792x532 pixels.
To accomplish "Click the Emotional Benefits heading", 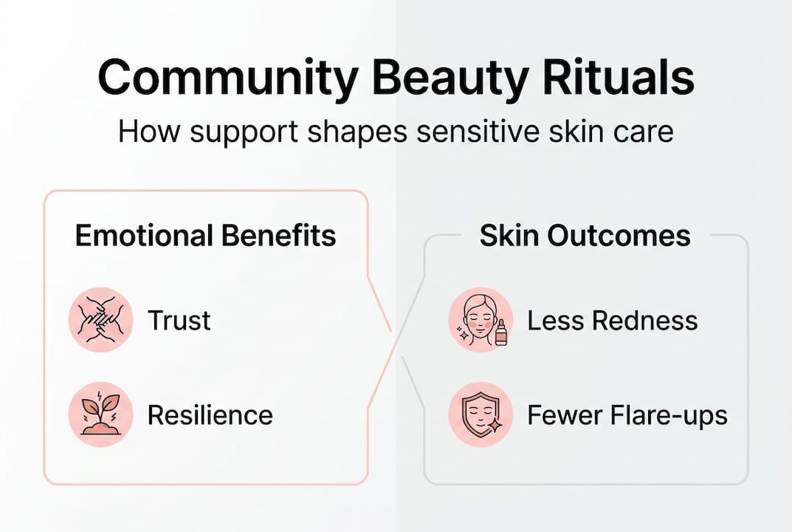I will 205,236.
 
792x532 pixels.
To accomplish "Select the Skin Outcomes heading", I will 585,236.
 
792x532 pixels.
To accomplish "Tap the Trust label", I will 179,321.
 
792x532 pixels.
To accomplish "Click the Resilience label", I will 210,415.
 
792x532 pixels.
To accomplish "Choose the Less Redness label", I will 612,321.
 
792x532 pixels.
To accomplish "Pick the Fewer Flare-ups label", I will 627,415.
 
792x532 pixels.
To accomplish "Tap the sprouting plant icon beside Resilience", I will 100,415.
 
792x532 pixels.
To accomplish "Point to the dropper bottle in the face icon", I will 501,332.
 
